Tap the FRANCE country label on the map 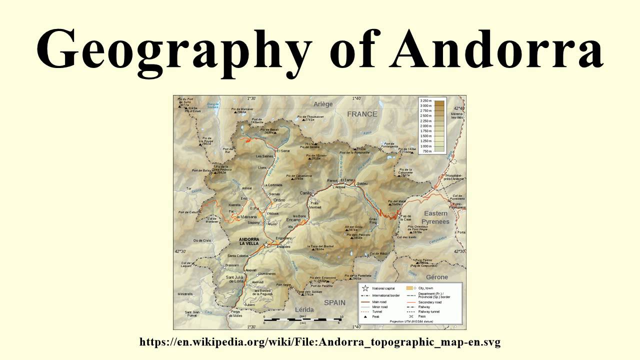pyautogui.click(x=362, y=114)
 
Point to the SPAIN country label pyautogui.click(x=334, y=302)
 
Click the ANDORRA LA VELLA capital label pyautogui.click(x=249, y=241)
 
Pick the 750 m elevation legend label pyautogui.click(x=426, y=151)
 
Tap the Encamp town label pyautogui.click(x=293, y=220)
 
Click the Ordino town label pyautogui.click(x=278, y=200)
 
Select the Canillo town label pyautogui.click(x=306, y=192)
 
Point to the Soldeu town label pyautogui.click(x=362, y=183)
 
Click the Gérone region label pyautogui.click(x=436, y=277)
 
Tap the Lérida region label pyautogui.click(x=304, y=309)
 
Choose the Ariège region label pyautogui.click(x=322, y=104)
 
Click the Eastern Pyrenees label pyautogui.click(x=436, y=217)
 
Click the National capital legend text pyautogui.click(x=383, y=288)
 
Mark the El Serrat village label pyautogui.click(x=283, y=150)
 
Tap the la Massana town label pyautogui.click(x=246, y=217)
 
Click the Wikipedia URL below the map pyautogui.click(x=320, y=342)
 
